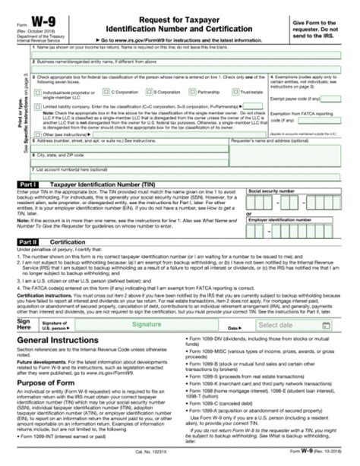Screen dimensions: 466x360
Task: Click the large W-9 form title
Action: [x=32, y=15]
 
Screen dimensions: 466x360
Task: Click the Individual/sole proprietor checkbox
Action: [x=32, y=92]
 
